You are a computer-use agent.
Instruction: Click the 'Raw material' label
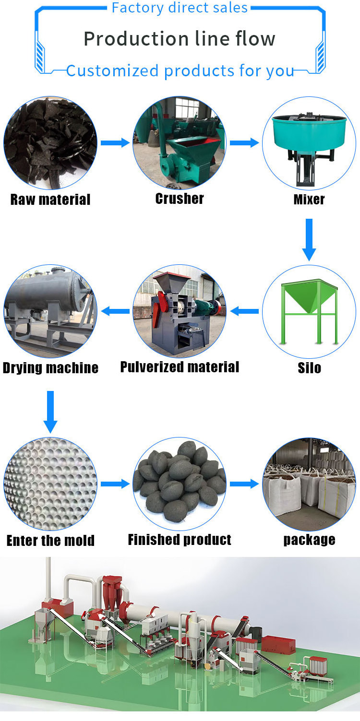tap(50, 199)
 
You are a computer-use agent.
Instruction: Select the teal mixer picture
tap(309, 143)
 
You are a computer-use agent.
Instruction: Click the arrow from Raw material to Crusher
tap(115, 142)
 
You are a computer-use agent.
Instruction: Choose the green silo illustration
tap(309, 312)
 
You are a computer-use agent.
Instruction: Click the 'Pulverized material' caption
tap(180, 367)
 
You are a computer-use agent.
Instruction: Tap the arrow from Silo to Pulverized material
tap(244, 311)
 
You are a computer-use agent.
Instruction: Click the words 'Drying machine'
tap(50, 368)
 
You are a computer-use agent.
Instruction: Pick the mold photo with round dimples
tap(50, 484)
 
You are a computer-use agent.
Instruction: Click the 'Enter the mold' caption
tap(50, 541)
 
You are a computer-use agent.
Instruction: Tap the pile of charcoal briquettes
tap(180, 483)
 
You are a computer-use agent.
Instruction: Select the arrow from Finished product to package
tap(244, 484)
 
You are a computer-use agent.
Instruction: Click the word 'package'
tap(309, 540)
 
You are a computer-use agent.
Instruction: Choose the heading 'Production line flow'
tap(180, 38)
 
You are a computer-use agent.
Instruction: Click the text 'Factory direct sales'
tap(180, 8)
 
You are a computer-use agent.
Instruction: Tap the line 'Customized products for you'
tap(180, 71)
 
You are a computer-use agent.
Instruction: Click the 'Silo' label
tap(309, 368)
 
